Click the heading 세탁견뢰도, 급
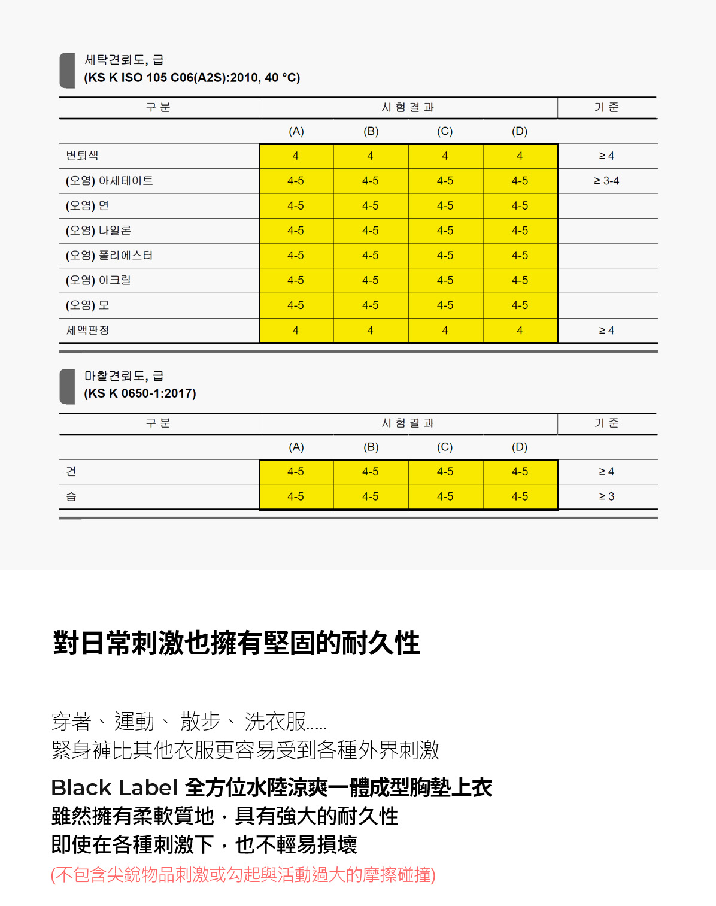(x=124, y=60)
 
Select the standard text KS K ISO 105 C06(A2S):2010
(x=192, y=78)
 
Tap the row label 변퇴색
(x=82, y=156)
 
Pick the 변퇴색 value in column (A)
(x=296, y=156)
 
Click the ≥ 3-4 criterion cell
(x=606, y=181)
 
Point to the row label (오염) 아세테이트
(x=109, y=181)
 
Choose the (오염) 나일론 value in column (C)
(x=445, y=231)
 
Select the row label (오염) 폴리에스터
(x=109, y=256)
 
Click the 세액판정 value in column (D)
(x=520, y=331)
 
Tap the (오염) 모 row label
(x=87, y=305)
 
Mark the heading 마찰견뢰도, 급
(x=124, y=376)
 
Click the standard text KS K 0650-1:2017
(x=140, y=393)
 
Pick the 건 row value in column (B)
(x=371, y=472)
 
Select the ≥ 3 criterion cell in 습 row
(x=606, y=496)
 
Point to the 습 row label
(x=71, y=496)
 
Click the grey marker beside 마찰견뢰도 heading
(x=67, y=386)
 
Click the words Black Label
(x=114, y=788)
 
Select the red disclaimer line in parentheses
(x=243, y=875)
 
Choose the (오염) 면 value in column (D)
(x=520, y=206)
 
